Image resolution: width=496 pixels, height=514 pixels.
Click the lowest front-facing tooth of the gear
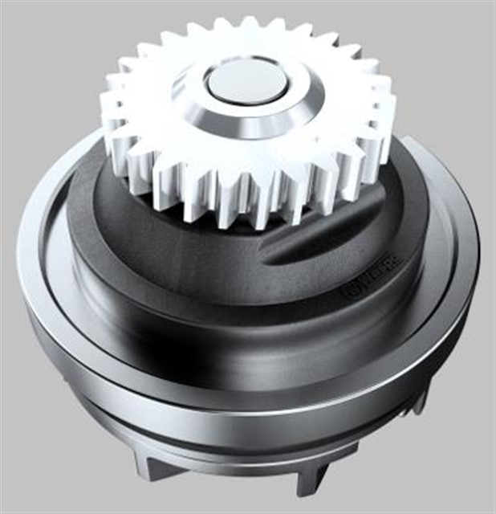coord(241,210)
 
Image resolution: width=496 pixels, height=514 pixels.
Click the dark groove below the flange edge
coord(241,418)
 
